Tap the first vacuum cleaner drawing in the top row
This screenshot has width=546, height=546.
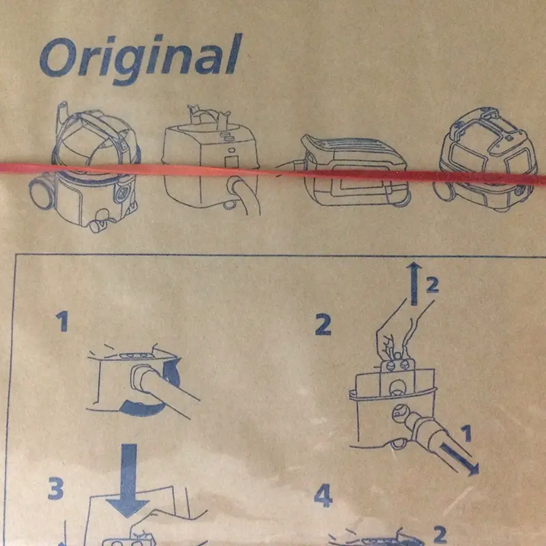pyautogui.click(x=85, y=167)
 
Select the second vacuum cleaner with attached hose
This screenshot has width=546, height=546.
pyautogui.click(x=211, y=160)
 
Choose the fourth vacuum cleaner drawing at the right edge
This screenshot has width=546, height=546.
pyautogui.click(x=486, y=160)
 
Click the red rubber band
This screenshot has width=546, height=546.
pyautogui.click(x=273, y=173)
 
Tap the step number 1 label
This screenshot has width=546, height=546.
pyautogui.click(x=63, y=321)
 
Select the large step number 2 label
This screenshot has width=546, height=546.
pyautogui.click(x=323, y=324)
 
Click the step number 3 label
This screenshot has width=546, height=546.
pyautogui.click(x=56, y=489)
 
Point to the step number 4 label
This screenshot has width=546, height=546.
pyautogui.click(x=323, y=496)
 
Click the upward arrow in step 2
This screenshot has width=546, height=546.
pyautogui.click(x=414, y=284)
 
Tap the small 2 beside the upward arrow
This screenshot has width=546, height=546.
pyautogui.click(x=432, y=285)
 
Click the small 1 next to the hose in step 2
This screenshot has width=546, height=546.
pyautogui.click(x=466, y=433)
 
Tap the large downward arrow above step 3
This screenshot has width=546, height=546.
pyautogui.click(x=128, y=480)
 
